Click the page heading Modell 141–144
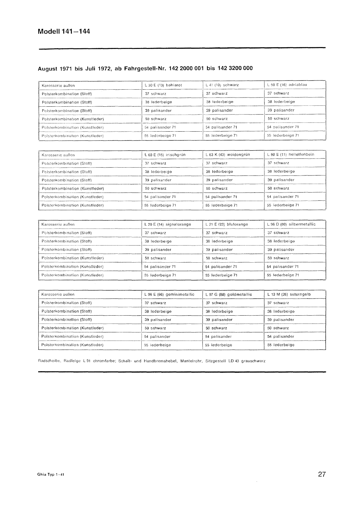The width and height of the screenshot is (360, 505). click(x=64, y=32)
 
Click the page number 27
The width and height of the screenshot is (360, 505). click(x=322, y=474)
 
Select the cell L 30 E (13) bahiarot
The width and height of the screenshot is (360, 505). click(x=163, y=85)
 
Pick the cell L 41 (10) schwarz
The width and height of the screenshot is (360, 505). click(x=222, y=85)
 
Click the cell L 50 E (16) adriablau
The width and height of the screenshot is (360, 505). click(x=287, y=85)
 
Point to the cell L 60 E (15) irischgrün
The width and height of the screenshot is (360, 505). click(x=165, y=155)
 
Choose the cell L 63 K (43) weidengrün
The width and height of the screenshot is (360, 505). click(x=227, y=155)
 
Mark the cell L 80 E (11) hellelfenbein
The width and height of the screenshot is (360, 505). click(x=291, y=154)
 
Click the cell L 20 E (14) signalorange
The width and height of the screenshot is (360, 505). click(x=168, y=224)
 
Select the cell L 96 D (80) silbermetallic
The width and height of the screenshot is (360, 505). click(x=291, y=224)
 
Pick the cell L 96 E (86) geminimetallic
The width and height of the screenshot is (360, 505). click(x=169, y=294)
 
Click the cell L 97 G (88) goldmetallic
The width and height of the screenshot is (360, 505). click(x=228, y=294)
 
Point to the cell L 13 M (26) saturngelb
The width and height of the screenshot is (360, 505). click(x=289, y=294)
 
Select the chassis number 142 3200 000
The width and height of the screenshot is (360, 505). click(x=233, y=68)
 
